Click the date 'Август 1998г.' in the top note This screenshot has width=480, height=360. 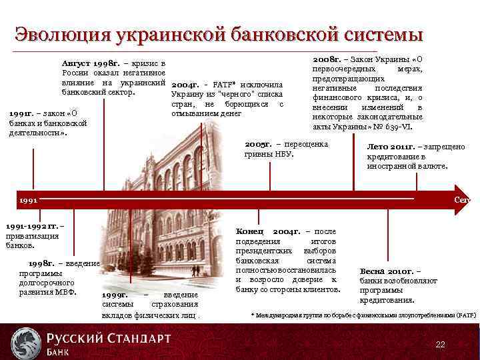(x=90, y=63)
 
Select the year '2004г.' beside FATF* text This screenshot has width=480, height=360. (x=185, y=85)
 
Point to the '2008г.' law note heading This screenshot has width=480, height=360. (x=326, y=59)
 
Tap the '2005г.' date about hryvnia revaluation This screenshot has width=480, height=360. (x=258, y=144)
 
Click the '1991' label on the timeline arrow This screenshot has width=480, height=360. (x=28, y=199)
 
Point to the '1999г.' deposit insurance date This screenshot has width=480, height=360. (x=115, y=295)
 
